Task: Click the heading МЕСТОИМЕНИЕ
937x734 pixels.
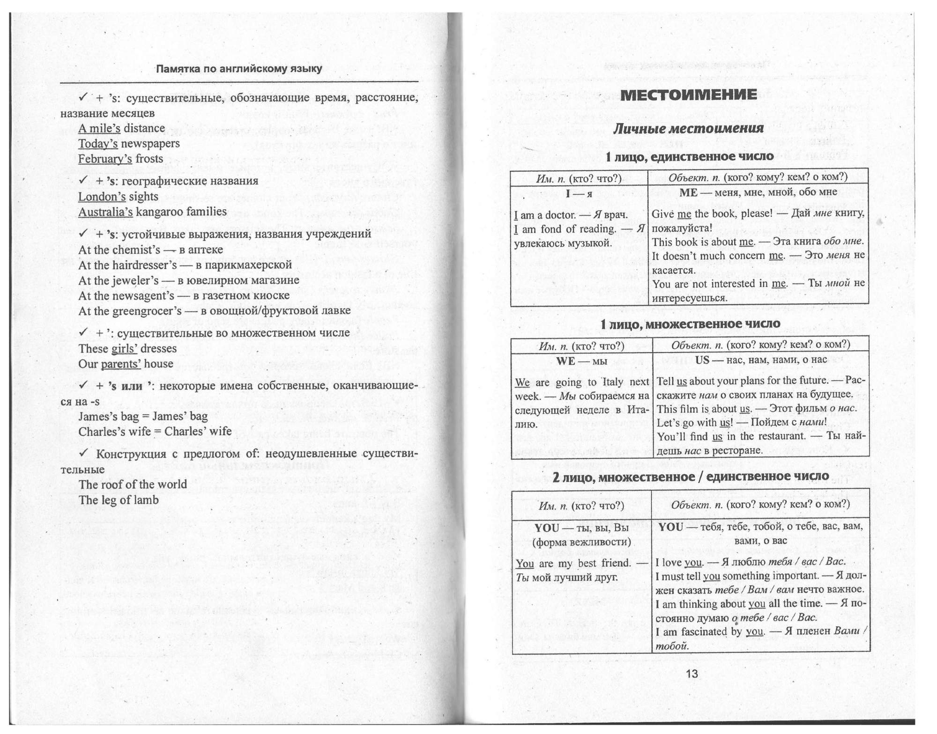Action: (x=688, y=95)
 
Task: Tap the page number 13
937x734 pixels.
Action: (x=692, y=674)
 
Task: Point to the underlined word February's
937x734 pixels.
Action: (x=105, y=159)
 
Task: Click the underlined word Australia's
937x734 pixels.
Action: (x=105, y=212)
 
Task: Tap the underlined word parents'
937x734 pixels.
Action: (x=121, y=364)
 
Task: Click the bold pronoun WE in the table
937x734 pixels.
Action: (x=565, y=361)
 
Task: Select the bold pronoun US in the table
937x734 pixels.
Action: (x=702, y=360)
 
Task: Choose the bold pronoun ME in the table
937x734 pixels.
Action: (x=688, y=192)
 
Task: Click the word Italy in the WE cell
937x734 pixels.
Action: (x=611, y=382)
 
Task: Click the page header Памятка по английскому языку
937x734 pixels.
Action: (x=239, y=69)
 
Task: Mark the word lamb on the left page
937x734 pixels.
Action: (x=148, y=500)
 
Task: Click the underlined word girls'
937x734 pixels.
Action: (x=124, y=349)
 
